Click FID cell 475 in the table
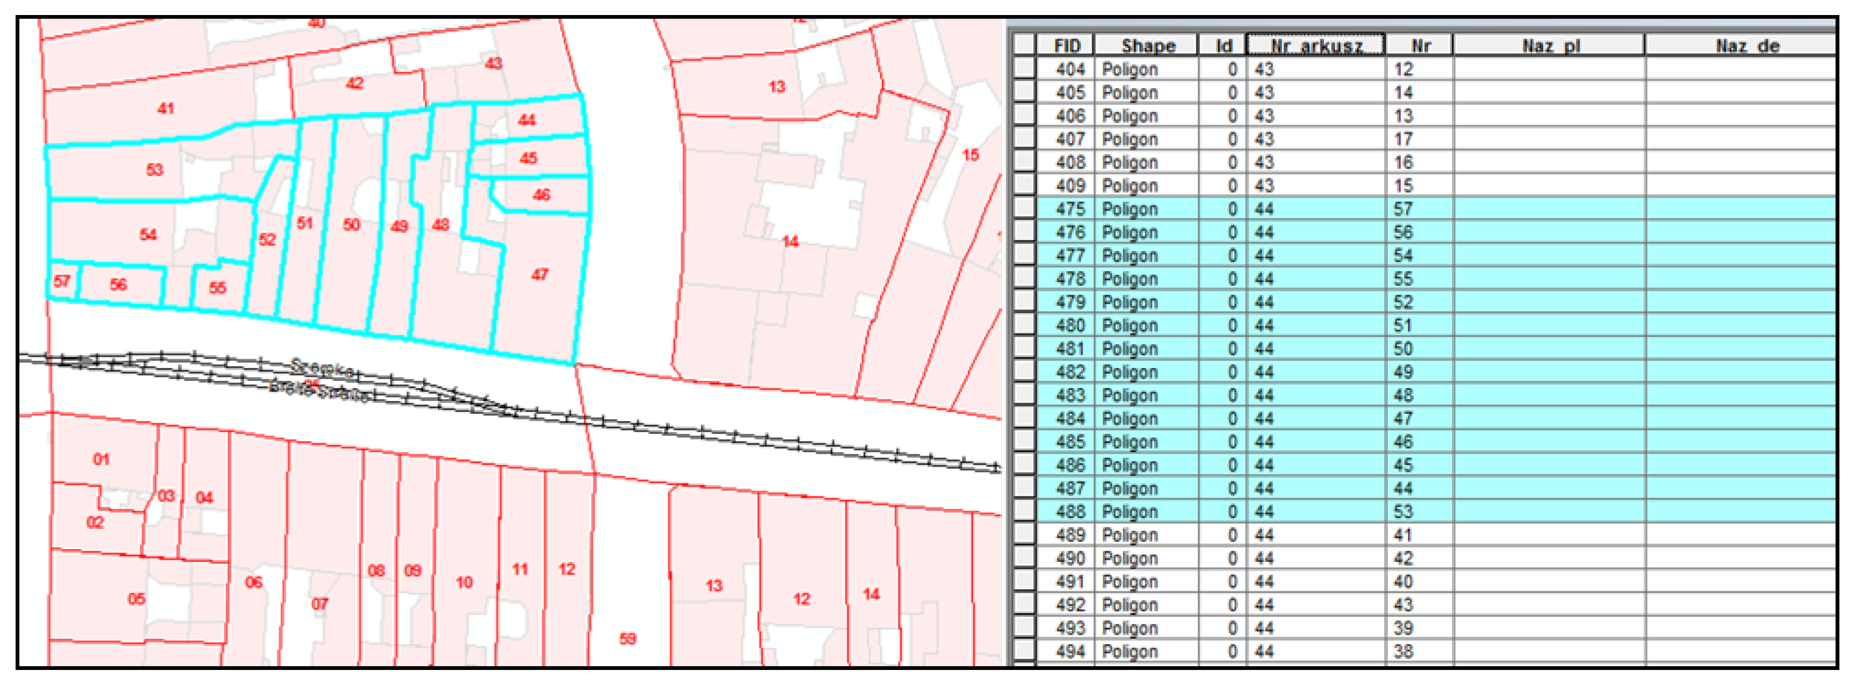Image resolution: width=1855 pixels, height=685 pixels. click(x=1069, y=209)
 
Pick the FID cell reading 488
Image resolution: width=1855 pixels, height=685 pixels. click(x=1069, y=511)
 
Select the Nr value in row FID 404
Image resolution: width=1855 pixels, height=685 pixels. click(x=1403, y=69)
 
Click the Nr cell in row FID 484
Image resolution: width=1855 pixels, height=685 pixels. click(x=1403, y=418)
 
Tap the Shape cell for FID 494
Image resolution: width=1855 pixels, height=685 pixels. click(x=1129, y=651)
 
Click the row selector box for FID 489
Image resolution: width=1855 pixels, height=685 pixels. click(x=1023, y=535)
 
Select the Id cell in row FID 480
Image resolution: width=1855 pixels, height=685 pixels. click(x=1232, y=326)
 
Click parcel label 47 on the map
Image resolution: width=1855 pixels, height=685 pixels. click(x=539, y=275)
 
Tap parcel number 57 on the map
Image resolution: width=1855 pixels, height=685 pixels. click(x=62, y=281)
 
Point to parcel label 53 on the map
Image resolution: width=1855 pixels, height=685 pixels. click(x=154, y=170)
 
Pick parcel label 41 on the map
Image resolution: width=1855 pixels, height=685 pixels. click(x=166, y=109)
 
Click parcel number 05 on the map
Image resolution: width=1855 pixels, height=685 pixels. click(x=136, y=599)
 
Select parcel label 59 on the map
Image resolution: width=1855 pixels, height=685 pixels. click(x=627, y=639)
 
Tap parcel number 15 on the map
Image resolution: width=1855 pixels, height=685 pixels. click(x=970, y=155)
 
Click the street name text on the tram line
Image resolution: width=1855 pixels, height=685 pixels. click(x=321, y=380)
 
